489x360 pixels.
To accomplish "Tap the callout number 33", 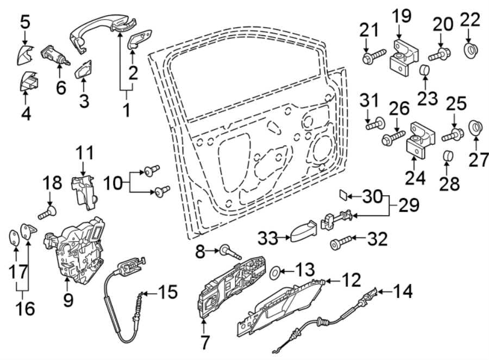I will (265, 237).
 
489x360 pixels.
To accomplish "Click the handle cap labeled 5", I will (24, 54).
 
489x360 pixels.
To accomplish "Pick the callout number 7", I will (204, 343).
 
